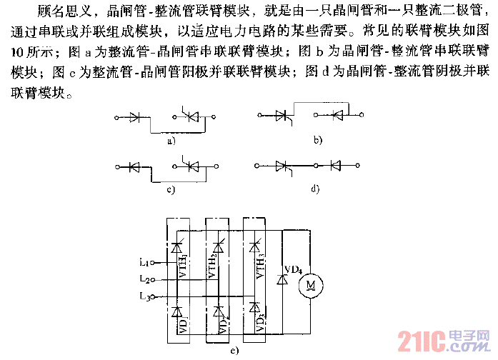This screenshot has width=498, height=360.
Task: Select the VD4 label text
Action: tap(292, 270)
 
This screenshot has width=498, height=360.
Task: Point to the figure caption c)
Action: tap(171, 190)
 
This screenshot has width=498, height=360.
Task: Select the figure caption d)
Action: tap(316, 190)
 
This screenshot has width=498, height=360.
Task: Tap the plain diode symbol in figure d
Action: tap(334, 166)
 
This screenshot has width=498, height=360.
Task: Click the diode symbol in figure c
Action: tap(134, 167)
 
